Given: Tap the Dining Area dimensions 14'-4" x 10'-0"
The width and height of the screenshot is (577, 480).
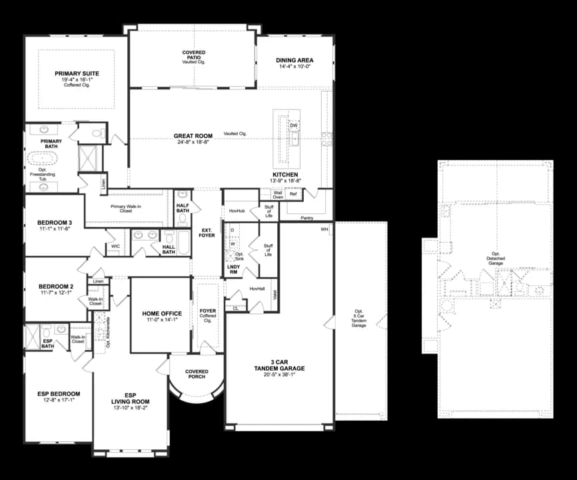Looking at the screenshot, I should [294, 67].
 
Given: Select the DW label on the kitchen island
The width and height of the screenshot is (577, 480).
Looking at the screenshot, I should [294, 125].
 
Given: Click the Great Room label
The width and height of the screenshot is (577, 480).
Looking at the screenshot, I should [193, 136].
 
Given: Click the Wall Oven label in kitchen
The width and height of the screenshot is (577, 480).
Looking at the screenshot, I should [278, 194].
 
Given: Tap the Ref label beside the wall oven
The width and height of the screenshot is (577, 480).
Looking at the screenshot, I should [293, 194].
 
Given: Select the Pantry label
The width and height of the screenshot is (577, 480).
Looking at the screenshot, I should [307, 217].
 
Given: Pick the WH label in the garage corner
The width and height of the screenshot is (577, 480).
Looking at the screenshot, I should [324, 229].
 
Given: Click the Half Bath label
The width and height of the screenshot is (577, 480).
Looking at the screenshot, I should [183, 208].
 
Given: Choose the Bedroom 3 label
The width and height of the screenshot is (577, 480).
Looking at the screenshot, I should [55, 222].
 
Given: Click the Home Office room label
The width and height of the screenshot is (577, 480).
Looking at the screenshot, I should [162, 313].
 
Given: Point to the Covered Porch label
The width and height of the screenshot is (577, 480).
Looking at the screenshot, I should [197, 375].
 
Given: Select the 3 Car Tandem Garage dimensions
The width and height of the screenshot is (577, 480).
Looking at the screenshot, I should [280, 374].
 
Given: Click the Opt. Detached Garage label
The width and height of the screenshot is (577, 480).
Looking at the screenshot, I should [495, 259].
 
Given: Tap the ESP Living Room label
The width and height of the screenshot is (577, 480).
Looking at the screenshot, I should [130, 398].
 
